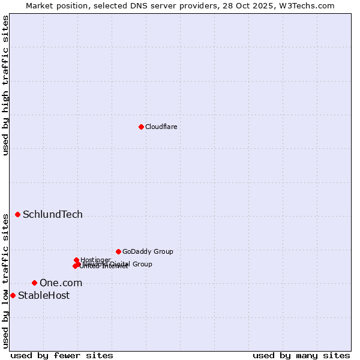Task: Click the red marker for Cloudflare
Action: [x=141, y=127]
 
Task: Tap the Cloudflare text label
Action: [x=161, y=127]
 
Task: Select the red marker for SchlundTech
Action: [x=18, y=214]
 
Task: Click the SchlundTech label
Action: [x=53, y=215]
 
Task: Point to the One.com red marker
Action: [x=34, y=283]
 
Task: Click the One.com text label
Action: [x=61, y=283]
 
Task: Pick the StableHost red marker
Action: [x=13, y=295]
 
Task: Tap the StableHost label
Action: [x=44, y=296]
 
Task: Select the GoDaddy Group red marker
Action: [x=118, y=251]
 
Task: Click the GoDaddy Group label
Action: [x=148, y=252]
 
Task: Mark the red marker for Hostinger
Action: [x=77, y=260]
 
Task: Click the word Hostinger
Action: [x=95, y=260]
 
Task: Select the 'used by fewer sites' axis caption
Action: [x=62, y=355]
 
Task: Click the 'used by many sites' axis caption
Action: [x=301, y=355]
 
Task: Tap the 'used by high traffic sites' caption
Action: [x=5, y=85]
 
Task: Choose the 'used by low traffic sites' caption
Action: [x=5, y=280]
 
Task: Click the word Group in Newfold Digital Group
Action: [x=142, y=264]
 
